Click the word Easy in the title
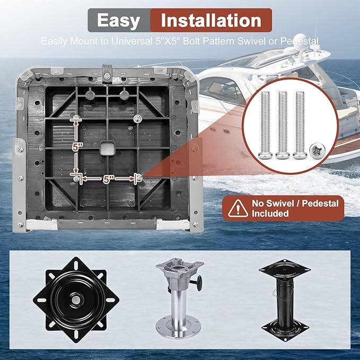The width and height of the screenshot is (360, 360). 118,21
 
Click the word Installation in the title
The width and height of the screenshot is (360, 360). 211,21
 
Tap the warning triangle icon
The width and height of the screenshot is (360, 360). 238,209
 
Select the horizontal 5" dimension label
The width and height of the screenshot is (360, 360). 108,179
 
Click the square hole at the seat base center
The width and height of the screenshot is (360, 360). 108,147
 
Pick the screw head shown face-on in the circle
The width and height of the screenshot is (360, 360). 317,151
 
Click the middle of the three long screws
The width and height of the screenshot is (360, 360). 283,125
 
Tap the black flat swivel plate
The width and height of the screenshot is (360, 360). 76,300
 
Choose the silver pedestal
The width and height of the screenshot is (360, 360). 179,297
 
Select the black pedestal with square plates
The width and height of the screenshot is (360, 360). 285,300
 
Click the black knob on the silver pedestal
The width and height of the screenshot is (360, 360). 199,280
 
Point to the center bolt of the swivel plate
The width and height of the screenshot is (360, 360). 75,300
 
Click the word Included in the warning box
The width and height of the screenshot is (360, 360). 270,214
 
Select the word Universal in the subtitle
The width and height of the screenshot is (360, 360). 132,41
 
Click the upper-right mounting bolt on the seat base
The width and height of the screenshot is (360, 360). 137,118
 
